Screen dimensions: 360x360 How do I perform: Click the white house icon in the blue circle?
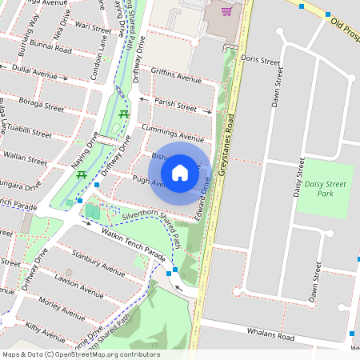pos(180,172)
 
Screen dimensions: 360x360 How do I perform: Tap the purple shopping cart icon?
pos(227,11)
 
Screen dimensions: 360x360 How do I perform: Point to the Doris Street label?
pos(260,61)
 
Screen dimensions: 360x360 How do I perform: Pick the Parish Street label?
pos(175,106)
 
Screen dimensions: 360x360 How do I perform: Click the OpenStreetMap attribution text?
pos(81,354)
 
